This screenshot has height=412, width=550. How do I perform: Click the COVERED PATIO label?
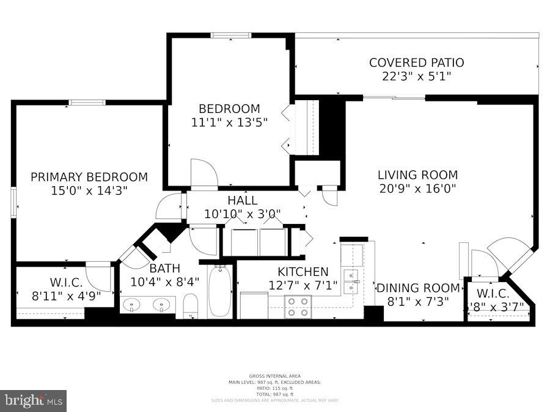click(x=416, y=62)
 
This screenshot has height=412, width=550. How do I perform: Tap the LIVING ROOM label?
click(x=417, y=175)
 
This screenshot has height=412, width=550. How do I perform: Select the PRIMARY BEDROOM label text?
click(x=89, y=177)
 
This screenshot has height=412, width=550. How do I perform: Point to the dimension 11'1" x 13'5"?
click(x=229, y=122)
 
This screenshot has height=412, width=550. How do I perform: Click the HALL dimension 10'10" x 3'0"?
click(x=242, y=214)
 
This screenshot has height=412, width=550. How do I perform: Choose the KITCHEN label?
click(x=303, y=272)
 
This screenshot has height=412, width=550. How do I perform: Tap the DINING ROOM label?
click(x=418, y=287)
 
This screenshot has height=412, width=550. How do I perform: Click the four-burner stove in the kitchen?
click(x=298, y=306)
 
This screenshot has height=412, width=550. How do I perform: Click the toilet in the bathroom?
click(x=191, y=306)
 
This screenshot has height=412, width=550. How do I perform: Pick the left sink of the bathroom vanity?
click(x=131, y=303)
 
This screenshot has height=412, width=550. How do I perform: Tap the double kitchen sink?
click(x=351, y=281)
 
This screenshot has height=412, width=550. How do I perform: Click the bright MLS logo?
click(x=34, y=400)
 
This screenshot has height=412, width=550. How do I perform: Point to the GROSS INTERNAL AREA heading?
click(x=274, y=376)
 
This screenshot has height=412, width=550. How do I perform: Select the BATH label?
click(x=164, y=268)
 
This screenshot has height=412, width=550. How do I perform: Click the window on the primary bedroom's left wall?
click(x=13, y=202)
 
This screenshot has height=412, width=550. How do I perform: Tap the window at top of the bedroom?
click(x=230, y=35)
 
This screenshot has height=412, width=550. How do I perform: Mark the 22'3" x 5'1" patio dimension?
click(x=416, y=76)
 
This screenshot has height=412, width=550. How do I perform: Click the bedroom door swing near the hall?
click(x=204, y=175)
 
